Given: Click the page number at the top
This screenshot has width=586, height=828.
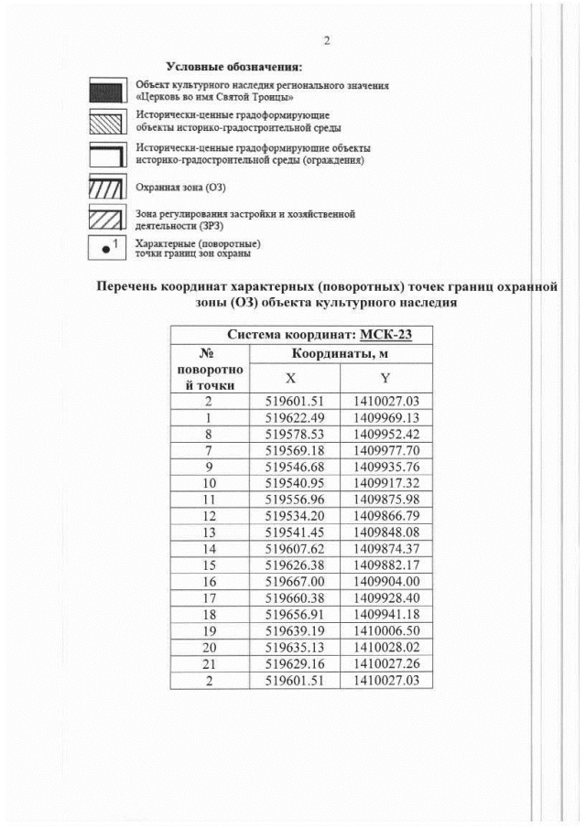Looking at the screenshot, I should (x=326, y=40).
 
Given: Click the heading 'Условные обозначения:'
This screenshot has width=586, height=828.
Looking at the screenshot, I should (x=233, y=67).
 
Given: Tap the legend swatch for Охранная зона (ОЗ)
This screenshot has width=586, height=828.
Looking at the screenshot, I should (x=106, y=188).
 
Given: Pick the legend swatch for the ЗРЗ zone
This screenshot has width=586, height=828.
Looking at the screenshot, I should (x=106, y=219).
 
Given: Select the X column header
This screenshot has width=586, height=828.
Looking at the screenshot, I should (x=290, y=377).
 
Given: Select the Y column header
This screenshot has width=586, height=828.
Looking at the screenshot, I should (x=385, y=377).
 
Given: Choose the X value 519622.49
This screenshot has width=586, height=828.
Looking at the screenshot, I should (x=290, y=417).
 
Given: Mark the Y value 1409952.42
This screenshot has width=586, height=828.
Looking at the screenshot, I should (x=385, y=434).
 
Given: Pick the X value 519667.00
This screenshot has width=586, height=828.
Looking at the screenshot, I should (x=290, y=582).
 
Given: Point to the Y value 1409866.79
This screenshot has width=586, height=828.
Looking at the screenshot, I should (x=385, y=516).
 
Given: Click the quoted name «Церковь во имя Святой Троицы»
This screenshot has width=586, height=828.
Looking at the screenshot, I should (x=214, y=96).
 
